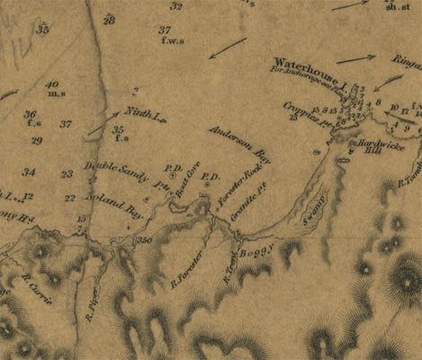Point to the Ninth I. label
pyautogui.click(x=141, y=113)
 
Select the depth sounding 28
pyautogui.click(x=109, y=20)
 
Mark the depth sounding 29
pyautogui.click(x=37, y=141)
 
